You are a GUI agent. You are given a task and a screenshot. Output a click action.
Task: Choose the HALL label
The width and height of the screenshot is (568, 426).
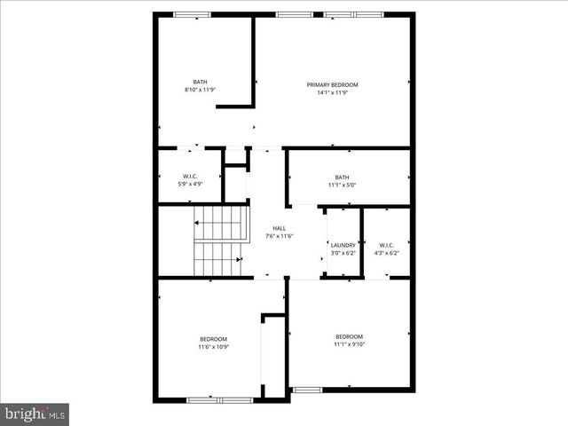click(x=280, y=228)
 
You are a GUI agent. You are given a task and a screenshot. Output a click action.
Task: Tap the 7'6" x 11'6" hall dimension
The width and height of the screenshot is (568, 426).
click(x=280, y=236)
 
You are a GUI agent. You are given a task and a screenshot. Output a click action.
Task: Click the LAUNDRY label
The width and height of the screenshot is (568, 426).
click(x=343, y=245)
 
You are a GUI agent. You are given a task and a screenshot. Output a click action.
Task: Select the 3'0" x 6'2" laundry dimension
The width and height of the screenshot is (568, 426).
click(x=343, y=253)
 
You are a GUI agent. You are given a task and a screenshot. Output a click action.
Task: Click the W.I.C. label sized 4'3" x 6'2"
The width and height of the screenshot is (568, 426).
click(x=387, y=245)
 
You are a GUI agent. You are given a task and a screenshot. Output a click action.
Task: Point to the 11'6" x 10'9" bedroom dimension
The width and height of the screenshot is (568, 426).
click(x=213, y=347)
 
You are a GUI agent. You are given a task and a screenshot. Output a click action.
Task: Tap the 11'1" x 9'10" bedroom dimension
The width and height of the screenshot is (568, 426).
click(x=349, y=344)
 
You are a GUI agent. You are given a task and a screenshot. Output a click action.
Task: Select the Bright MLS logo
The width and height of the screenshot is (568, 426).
click(x=35, y=414)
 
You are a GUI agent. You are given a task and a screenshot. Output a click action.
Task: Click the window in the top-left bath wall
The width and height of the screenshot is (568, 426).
click(x=192, y=14)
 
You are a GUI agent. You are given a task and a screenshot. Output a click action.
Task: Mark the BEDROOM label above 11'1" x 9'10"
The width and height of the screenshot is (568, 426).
click(x=349, y=336)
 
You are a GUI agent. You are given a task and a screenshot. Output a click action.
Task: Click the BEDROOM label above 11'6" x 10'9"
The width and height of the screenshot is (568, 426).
click(x=213, y=339)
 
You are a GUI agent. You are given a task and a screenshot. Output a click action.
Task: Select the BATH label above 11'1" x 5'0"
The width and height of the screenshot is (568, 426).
click(x=342, y=177)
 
